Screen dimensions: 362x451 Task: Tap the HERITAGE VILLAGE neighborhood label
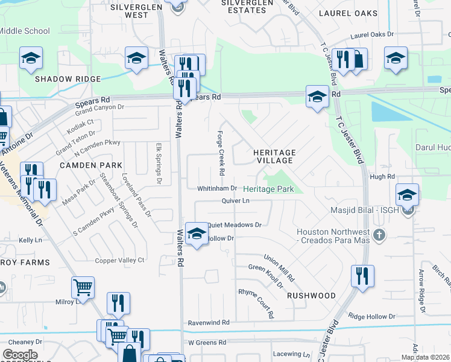click(x=274, y=156)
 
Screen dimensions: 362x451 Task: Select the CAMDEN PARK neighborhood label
click(x=91, y=165)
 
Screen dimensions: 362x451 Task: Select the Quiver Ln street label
click(x=236, y=201)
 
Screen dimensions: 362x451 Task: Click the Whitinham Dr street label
click(x=217, y=189)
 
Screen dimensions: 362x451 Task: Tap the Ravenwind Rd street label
click(x=209, y=323)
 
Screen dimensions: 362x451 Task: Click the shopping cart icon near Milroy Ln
click(x=83, y=286)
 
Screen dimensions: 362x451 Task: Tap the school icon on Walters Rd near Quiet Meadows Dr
click(x=196, y=233)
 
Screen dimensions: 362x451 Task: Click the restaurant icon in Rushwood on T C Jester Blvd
click(x=362, y=276)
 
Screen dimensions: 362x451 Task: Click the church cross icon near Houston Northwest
click(x=379, y=234)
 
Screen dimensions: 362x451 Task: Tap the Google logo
click(x=20, y=354)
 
